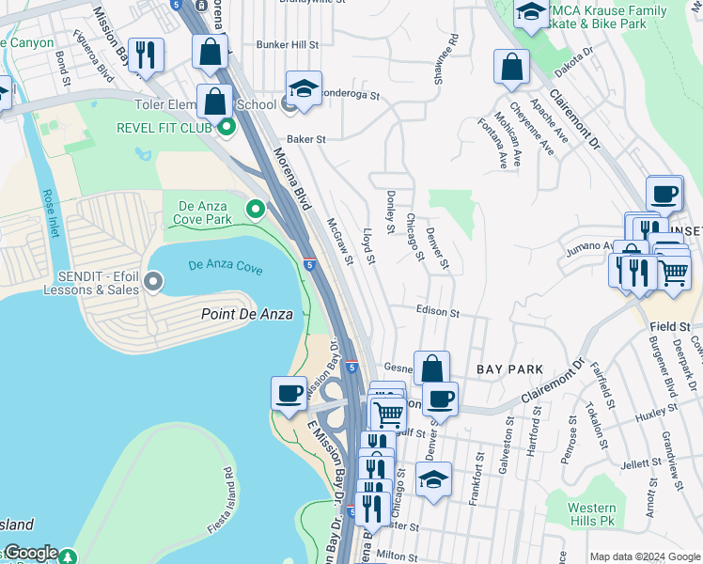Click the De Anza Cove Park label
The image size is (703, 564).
point(202,211)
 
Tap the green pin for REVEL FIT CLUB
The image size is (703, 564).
point(226,127)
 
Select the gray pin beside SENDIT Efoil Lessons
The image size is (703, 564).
point(153,281)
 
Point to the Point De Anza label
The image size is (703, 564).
point(246,314)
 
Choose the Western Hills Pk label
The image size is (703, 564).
point(592,513)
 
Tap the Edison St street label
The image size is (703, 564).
point(437,311)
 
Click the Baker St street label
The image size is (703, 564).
point(305,138)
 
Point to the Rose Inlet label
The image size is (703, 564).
point(49,211)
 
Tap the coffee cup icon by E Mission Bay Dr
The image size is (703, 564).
point(289,392)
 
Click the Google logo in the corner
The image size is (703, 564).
point(30,553)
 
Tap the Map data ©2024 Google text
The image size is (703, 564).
point(645,556)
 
